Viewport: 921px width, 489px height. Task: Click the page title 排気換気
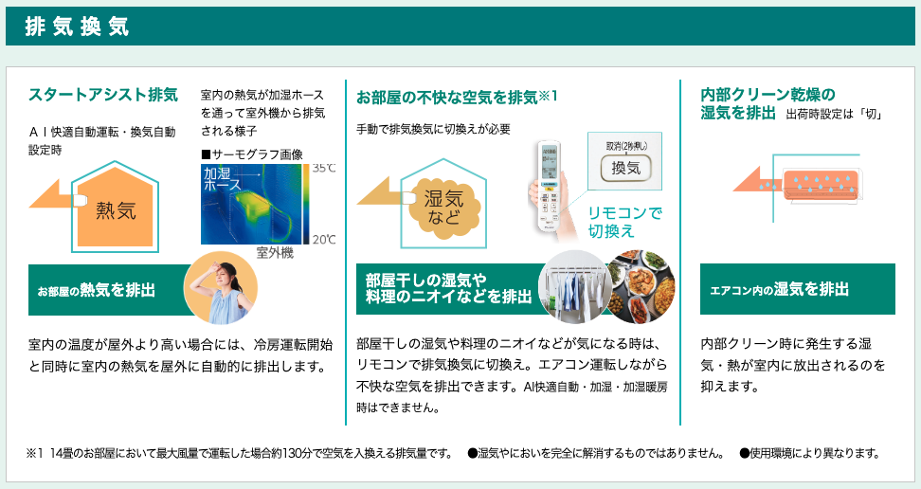tap(77, 27)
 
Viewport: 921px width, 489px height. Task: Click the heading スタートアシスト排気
tap(102, 95)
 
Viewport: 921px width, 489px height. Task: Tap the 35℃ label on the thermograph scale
tap(324, 169)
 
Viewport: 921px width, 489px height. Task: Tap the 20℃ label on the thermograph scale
tap(324, 239)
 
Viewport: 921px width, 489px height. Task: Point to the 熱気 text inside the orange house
tap(116, 209)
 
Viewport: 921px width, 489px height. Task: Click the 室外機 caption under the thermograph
tap(275, 253)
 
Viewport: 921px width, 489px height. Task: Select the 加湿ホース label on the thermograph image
tap(223, 179)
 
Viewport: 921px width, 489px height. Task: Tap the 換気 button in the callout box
tap(626, 168)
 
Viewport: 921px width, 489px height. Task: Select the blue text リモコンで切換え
tap(624, 222)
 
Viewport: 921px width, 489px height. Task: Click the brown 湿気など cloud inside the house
tap(444, 208)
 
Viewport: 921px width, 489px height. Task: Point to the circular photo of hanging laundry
tap(575, 287)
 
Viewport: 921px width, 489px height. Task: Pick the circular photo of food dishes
tap(641, 287)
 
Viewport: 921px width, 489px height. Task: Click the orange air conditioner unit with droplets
tap(822, 184)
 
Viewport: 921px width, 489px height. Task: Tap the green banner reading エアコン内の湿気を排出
tap(798, 289)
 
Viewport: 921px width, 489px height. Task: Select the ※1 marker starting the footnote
tap(35, 454)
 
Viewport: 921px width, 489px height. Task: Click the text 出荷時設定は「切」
tap(835, 115)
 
